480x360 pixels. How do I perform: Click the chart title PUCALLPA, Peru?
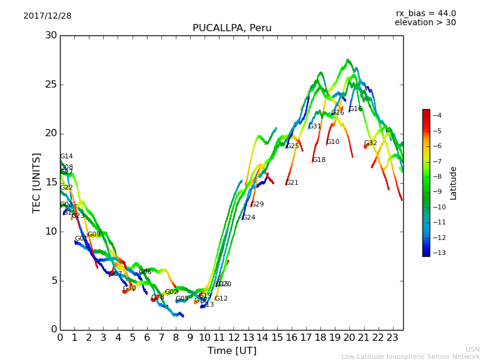[x=232, y=28]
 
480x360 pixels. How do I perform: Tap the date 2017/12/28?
[x=47, y=16]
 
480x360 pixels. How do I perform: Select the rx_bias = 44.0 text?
[x=425, y=14]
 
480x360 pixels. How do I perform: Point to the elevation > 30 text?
[x=425, y=23]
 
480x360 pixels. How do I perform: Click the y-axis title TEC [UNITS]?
[x=37, y=182]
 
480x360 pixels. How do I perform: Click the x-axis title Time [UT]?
[x=232, y=351]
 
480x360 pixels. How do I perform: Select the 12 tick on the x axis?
[x=233, y=337]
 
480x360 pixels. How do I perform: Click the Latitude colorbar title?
[x=454, y=183]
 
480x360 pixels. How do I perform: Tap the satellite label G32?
[x=370, y=143]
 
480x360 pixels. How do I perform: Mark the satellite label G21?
[x=292, y=183]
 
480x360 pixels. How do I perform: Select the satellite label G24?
[x=248, y=218]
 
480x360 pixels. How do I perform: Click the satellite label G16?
[x=355, y=109]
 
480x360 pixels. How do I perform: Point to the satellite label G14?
[x=66, y=157]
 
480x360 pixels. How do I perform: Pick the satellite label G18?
[x=319, y=160]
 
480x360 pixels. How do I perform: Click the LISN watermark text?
[x=472, y=349]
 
